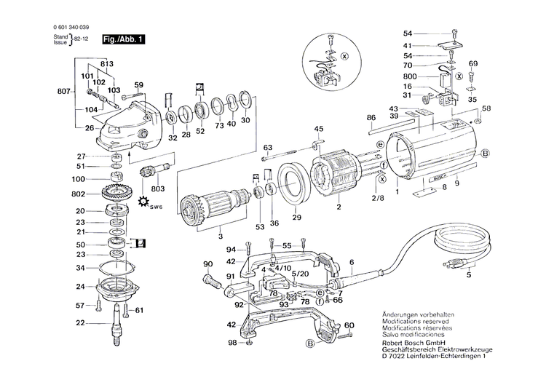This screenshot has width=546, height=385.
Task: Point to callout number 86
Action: (x=371, y=117)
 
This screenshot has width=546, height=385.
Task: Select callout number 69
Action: (x=472, y=64)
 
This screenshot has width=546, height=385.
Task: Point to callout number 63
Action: (x=267, y=147)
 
